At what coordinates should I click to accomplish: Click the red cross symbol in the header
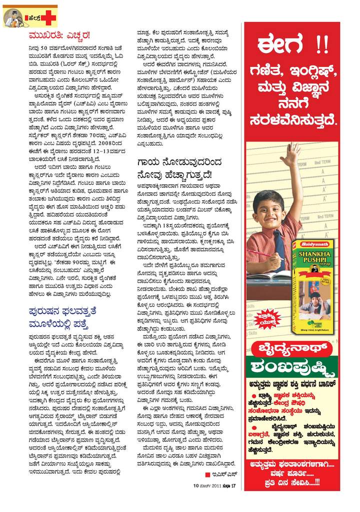pos(49,18)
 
